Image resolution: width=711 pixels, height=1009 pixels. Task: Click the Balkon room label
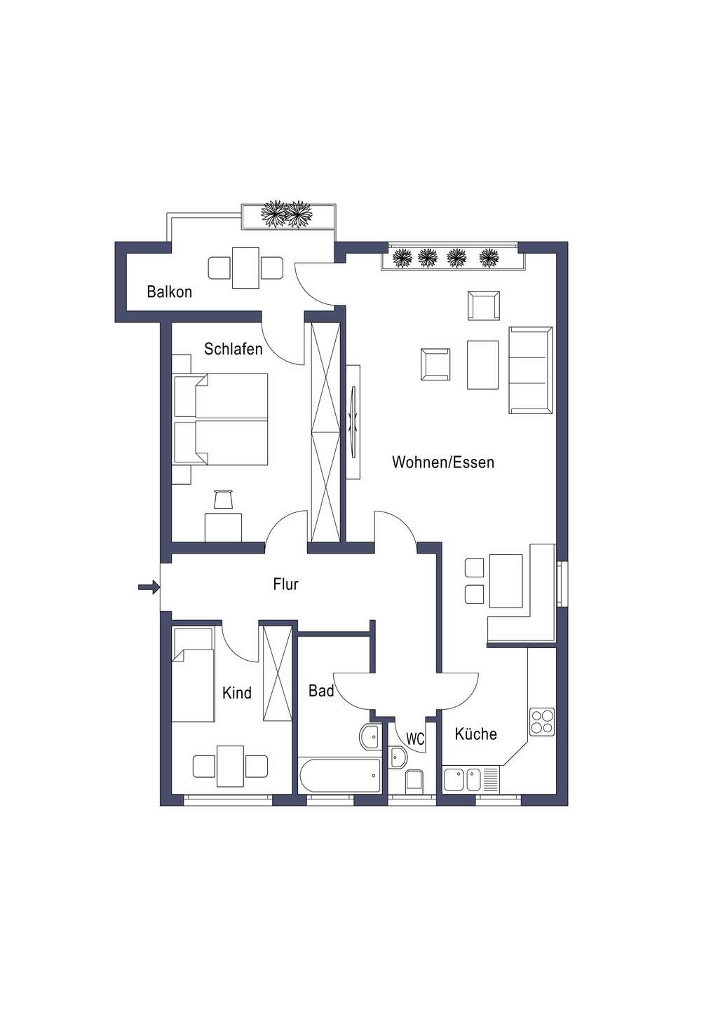tap(170, 292)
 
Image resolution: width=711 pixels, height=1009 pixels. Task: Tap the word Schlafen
tap(233, 349)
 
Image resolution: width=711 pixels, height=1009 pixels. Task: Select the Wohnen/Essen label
tap(443, 462)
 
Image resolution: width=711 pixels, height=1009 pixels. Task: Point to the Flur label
tap(285, 584)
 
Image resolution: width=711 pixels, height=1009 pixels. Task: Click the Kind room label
tap(237, 693)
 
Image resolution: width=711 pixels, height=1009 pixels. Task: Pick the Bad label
tap(321, 691)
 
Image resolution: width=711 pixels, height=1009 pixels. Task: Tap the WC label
tap(415, 739)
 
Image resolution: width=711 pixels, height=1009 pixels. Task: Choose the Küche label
tap(475, 734)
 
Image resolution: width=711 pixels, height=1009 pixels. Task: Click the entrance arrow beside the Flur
tap(149, 587)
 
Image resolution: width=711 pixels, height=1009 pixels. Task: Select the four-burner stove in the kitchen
tap(542, 722)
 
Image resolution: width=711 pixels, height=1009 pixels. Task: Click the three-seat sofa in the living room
tap(531, 370)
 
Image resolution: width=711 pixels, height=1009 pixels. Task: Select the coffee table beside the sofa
tap(482, 364)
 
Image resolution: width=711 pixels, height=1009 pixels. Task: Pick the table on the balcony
tap(245, 268)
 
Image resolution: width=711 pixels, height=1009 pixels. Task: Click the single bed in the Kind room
tap(193, 675)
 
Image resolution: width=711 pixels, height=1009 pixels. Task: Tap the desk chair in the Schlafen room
tap(223, 500)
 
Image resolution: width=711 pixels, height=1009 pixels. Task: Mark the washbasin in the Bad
tap(370, 737)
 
